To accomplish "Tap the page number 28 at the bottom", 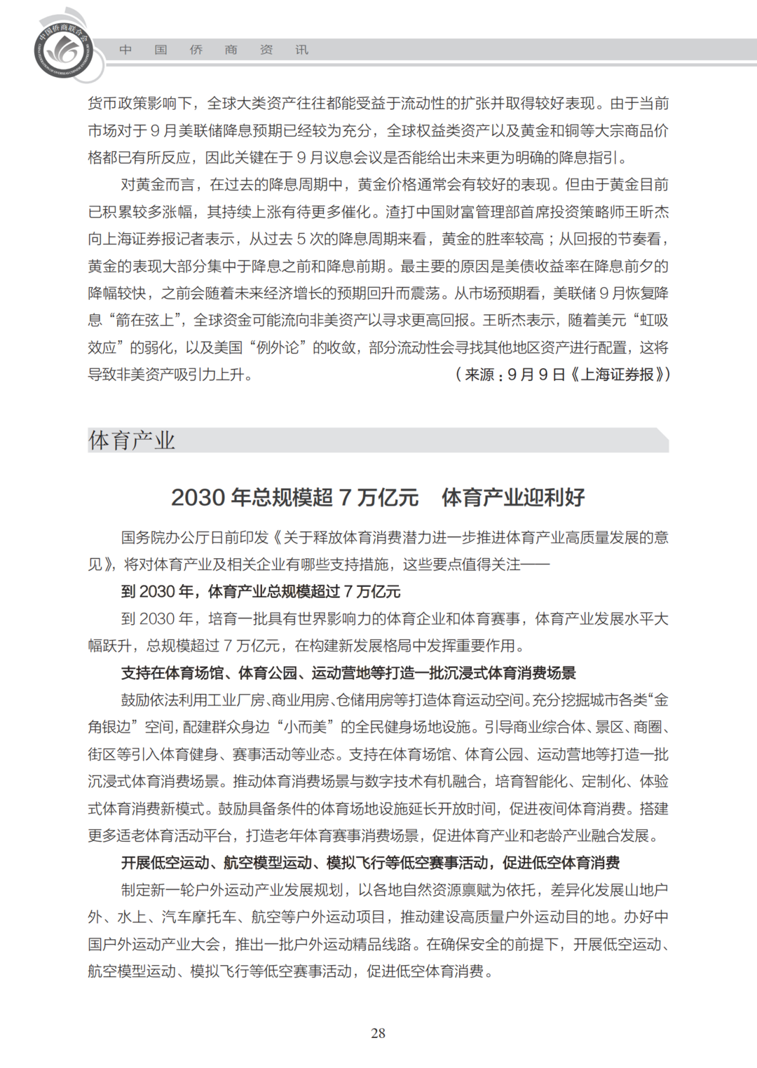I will [378, 1033].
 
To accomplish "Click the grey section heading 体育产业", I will [132, 441].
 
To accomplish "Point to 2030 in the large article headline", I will [198, 497].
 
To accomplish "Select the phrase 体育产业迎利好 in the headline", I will [513, 497].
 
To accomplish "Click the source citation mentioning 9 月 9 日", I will [563, 375].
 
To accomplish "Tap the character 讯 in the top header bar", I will [301, 50].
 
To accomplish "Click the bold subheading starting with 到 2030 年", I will [260, 592].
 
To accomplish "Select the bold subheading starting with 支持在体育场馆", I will [348, 673].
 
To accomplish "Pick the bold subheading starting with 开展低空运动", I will [370, 863].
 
